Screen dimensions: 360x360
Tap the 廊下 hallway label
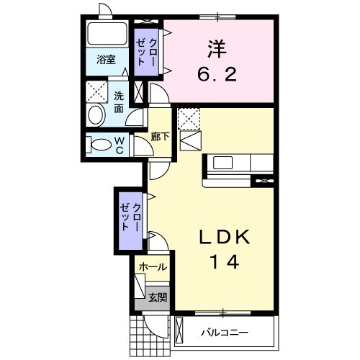(x=161, y=135)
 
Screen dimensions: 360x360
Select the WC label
(x=120, y=145)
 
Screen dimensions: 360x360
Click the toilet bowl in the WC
(x=96, y=145)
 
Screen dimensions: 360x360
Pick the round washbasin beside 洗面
(x=96, y=114)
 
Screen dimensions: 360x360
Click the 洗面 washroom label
(x=118, y=102)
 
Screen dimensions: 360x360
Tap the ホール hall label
(x=153, y=267)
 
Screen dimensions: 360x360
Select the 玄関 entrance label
(x=158, y=296)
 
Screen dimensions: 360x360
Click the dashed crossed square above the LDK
(x=188, y=117)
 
